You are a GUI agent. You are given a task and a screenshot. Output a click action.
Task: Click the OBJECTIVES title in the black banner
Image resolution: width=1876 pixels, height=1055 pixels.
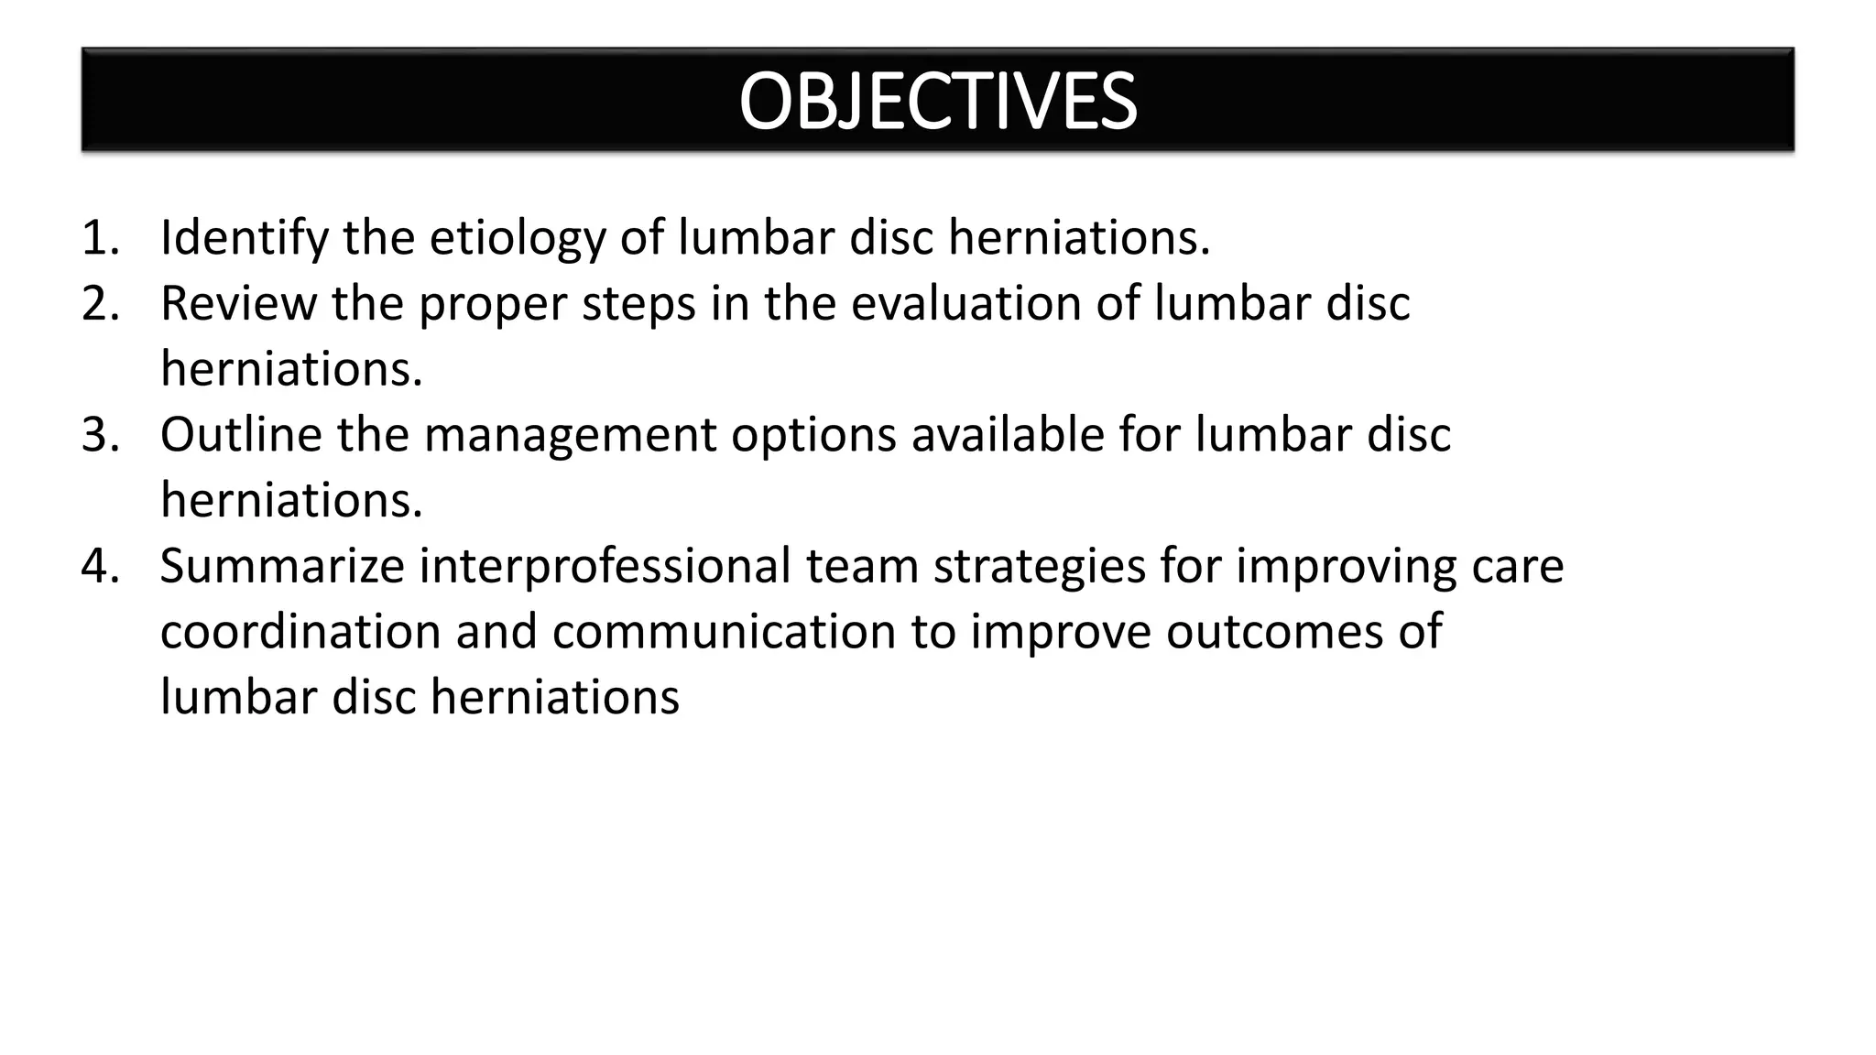937,101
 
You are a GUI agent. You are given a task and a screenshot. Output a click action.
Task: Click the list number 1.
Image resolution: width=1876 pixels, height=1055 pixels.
100,238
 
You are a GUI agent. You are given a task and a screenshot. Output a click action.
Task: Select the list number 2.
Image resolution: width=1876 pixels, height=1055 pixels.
100,304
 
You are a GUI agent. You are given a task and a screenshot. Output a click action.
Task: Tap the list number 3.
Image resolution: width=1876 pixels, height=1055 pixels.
100,435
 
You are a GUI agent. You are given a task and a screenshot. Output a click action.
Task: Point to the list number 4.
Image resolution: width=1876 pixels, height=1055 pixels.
100,566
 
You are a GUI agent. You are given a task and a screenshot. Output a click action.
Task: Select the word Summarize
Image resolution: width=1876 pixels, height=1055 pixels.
282,566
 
